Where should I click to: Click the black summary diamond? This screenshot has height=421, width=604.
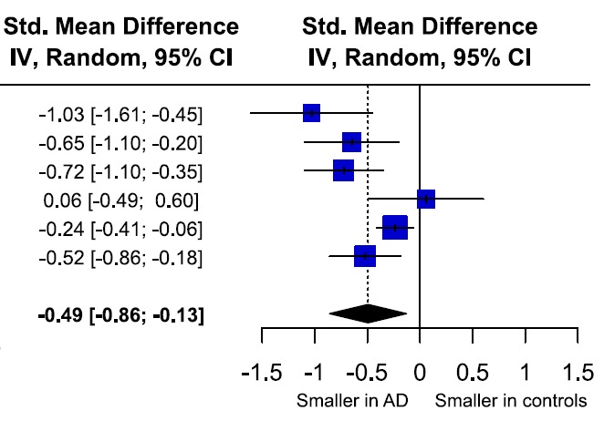tap(368, 313)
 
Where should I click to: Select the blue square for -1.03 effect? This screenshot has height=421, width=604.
tap(312, 113)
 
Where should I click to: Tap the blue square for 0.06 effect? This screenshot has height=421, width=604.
tap(425, 199)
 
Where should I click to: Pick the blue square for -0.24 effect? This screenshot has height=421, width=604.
tap(394, 228)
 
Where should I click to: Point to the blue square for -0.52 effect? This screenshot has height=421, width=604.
tap(365, 256)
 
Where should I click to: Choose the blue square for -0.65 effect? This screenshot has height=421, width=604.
tap(351, 142)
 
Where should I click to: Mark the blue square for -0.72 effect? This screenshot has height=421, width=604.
tap(343, 170)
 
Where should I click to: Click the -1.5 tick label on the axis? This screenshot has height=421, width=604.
tap(262, 373)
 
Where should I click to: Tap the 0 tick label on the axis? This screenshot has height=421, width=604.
tap(419, 373)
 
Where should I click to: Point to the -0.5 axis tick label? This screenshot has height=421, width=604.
tap(367, 373)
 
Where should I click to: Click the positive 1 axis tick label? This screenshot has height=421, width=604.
tap(524, 373)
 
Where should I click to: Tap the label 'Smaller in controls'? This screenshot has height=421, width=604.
tap(511, 401)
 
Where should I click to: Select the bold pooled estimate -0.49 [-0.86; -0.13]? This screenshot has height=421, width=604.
tap(120, 316)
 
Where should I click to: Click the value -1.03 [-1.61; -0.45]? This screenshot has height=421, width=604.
tap(120, 115)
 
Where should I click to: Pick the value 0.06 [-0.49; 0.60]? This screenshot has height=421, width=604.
tap(120, 200)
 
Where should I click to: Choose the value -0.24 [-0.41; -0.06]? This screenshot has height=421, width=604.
tap(120, 229)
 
